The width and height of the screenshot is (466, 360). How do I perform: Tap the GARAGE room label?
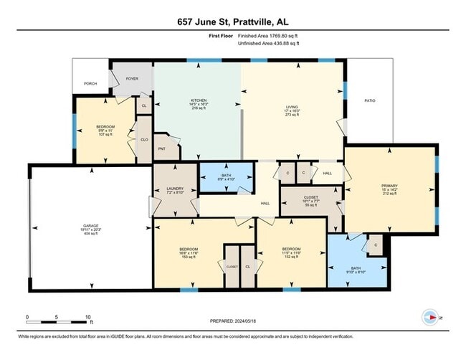tap(90, 226)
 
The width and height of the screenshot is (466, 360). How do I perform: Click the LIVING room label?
tap(292, 107)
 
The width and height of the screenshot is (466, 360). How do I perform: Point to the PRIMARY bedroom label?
tap(389, 186)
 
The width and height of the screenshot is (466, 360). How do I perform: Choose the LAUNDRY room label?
tap(175, 189)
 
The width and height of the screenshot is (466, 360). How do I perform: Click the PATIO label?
tap(370, 101)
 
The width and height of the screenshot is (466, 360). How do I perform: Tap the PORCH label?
tap(90, 83)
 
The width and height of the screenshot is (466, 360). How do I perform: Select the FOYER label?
tap(132, 78)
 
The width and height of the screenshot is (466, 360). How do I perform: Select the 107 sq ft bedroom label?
tap(105, 127)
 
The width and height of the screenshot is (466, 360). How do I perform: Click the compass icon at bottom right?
tap(430, 316)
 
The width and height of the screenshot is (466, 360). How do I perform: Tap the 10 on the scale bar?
tap(87, 316)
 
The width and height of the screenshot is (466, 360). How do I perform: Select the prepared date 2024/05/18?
tap(232, 321)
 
